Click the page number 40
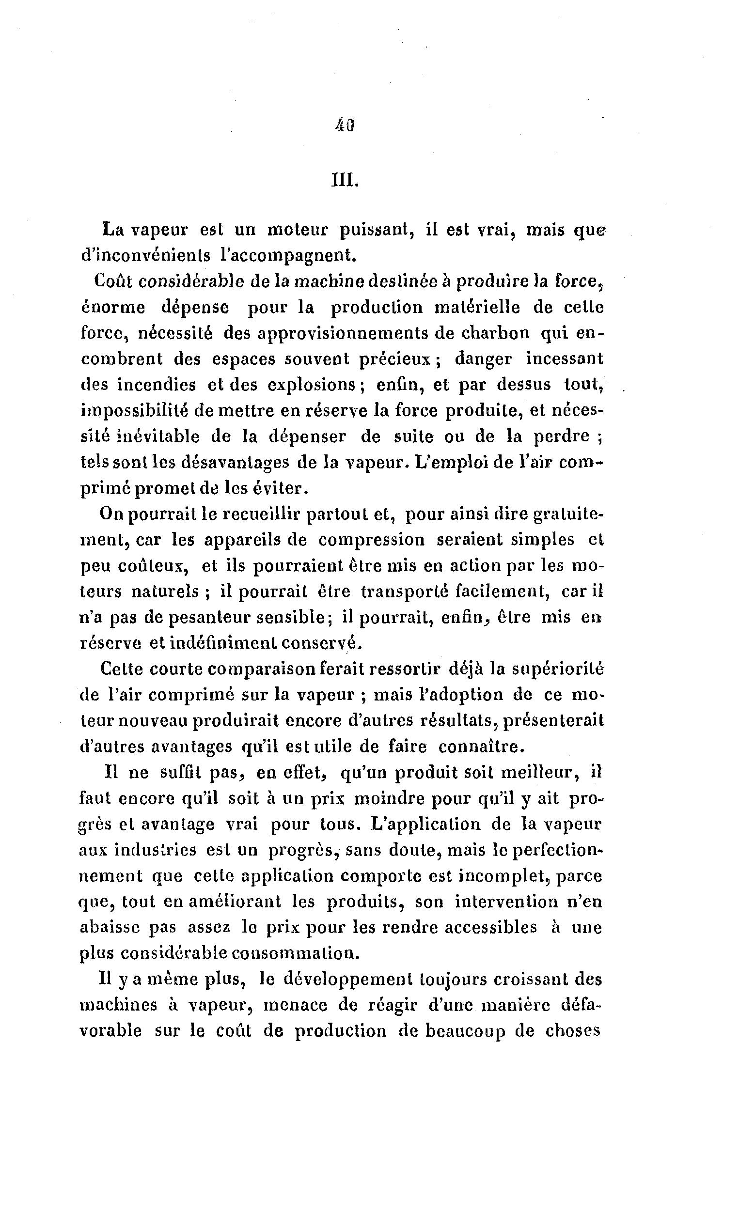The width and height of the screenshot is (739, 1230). (x=345, y=125)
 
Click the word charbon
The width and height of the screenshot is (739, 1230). (x=495, y=332)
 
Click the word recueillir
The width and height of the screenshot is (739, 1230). (x=258, y=514)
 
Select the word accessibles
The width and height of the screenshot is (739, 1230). (x=488, y=927)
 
